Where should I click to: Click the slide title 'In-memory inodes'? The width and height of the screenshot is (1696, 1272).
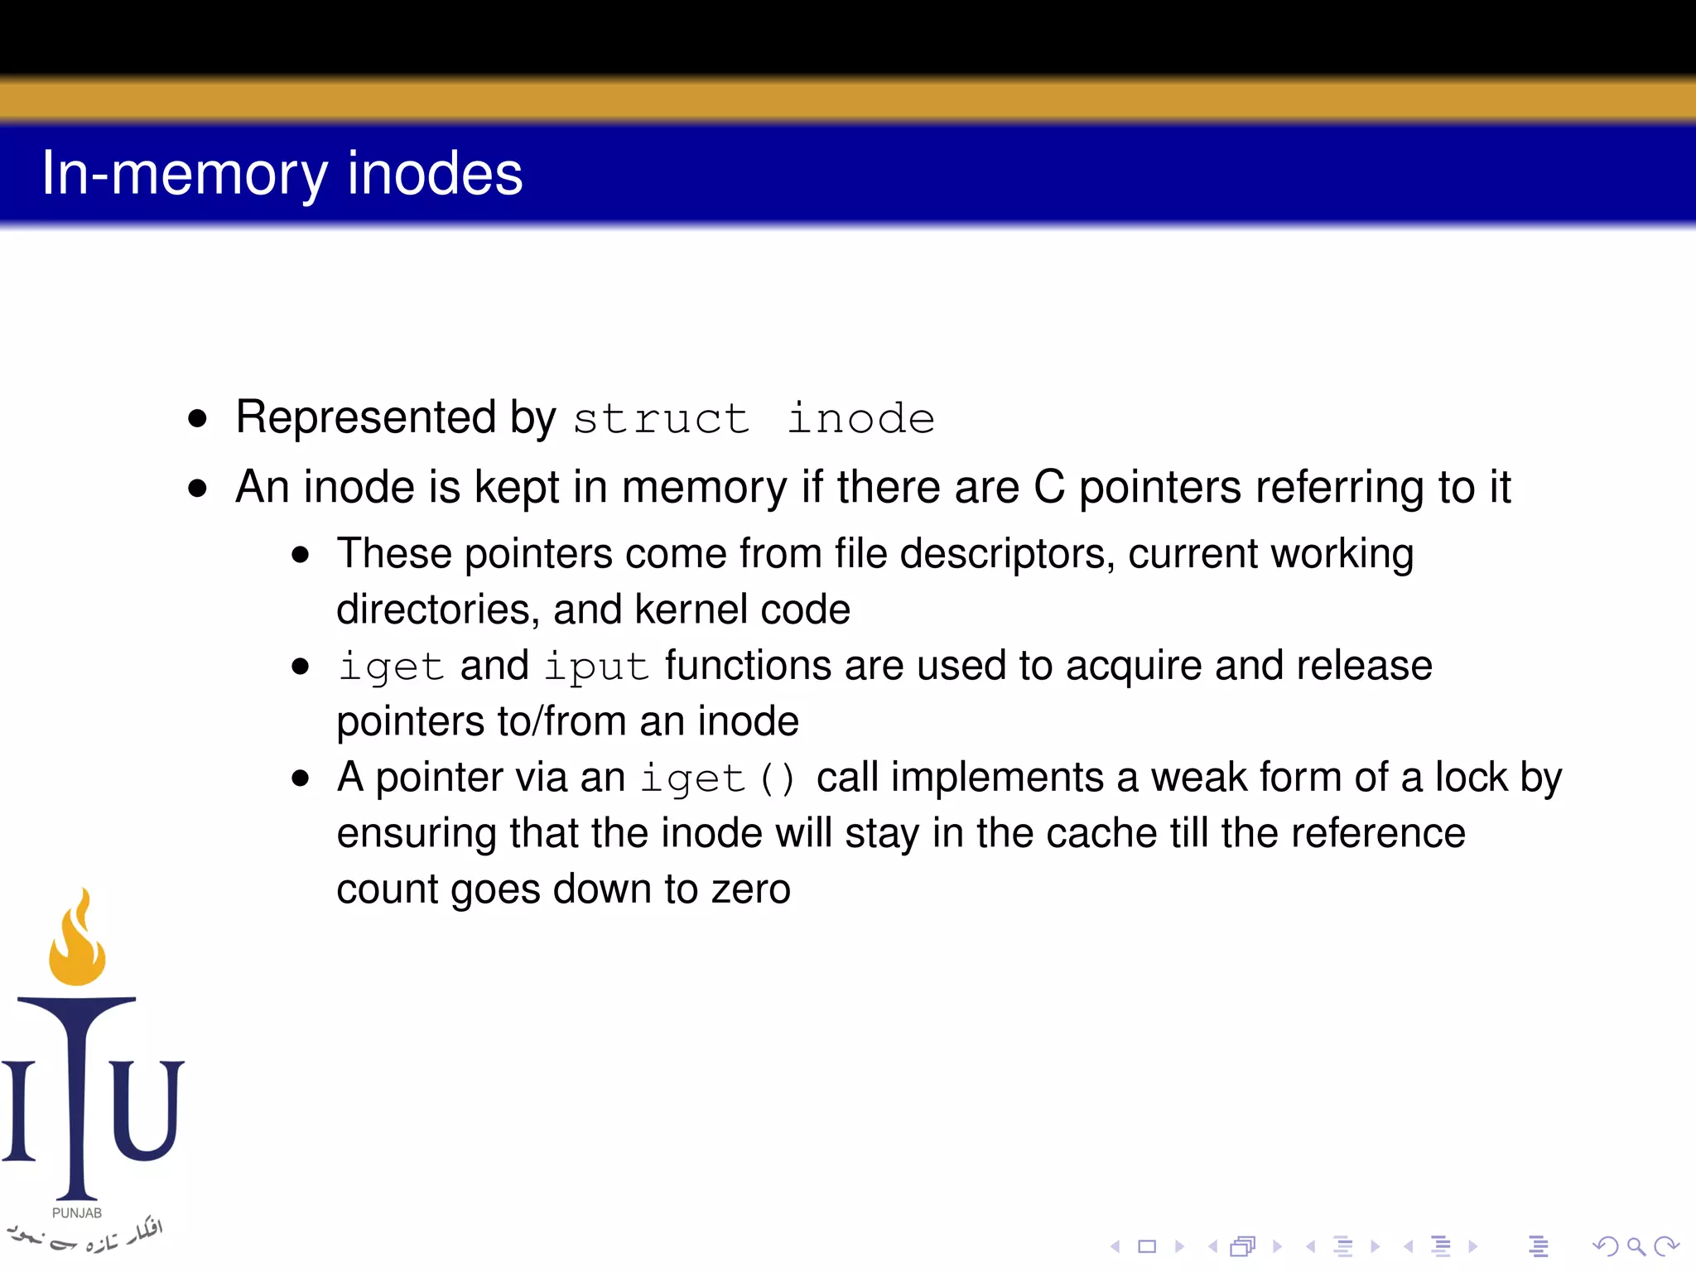coord(282,174)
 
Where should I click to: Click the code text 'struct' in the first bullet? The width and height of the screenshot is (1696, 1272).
coord(661,418)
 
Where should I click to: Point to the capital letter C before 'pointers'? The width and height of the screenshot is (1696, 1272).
coord(1049,487)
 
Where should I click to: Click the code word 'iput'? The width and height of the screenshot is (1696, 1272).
coord(596,667)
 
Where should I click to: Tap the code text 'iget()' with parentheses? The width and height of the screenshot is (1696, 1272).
coord(719,778)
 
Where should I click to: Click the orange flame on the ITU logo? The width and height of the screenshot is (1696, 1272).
coord(77,944)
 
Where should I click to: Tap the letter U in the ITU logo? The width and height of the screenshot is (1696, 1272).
coord(147,1110)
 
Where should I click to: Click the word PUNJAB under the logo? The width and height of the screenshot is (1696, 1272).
coord(77,1213)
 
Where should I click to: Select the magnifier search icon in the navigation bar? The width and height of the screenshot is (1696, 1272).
coord(1636,1246)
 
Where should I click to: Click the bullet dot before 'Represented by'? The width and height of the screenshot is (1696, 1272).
coord(197,418)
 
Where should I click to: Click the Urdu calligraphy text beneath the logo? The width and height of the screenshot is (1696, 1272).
coord(83,1236)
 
